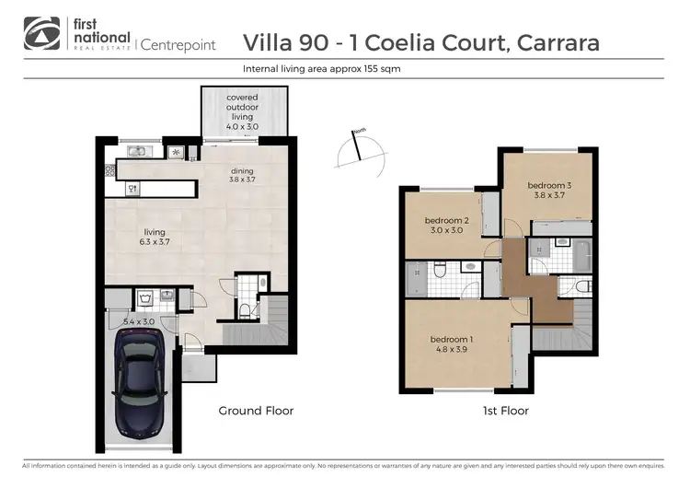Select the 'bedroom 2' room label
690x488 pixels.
pyautogui.click(x=447, y=225)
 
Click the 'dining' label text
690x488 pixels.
pyautogui.click(x=242, y=174)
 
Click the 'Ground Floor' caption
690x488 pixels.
pyautogui.click(x=255, y=411)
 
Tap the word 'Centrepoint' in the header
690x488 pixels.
pyautogui.click(x=178, y=43)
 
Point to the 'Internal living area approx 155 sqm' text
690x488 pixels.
pyautogui.click(x=321, y=69)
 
